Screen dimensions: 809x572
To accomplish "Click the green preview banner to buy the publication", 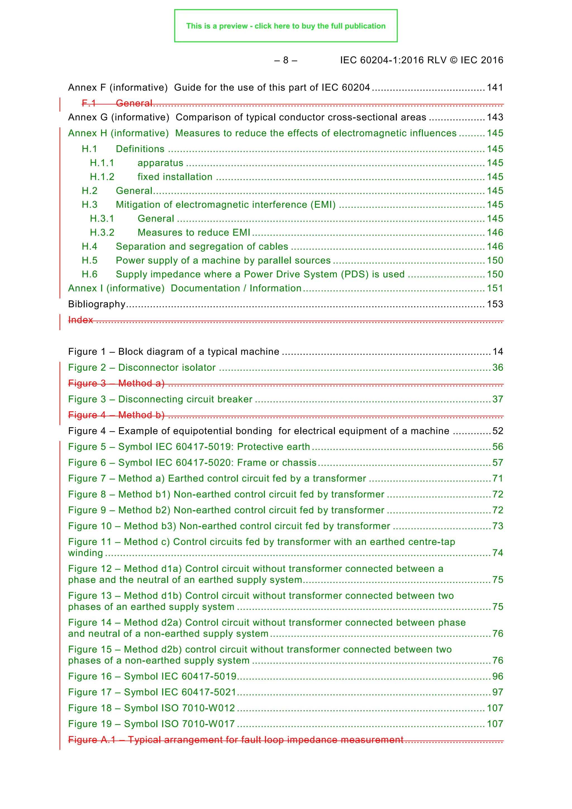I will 285,26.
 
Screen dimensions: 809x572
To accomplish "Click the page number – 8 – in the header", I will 285,60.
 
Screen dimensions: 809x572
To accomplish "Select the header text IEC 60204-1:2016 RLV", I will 393,60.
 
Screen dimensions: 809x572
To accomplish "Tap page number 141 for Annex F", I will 495,87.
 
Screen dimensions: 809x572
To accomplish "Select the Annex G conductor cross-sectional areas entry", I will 247,117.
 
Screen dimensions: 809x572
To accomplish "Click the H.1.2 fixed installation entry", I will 175,177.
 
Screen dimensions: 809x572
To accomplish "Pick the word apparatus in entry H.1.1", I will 160,163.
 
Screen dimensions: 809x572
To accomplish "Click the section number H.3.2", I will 102,233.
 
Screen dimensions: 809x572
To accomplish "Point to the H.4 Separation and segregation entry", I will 202,247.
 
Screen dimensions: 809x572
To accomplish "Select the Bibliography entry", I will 97,304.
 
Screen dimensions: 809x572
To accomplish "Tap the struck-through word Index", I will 80,320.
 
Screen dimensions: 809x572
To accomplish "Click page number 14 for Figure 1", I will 498,352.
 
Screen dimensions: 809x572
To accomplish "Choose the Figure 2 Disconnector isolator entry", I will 142,367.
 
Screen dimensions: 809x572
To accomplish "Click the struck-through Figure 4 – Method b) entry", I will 116,415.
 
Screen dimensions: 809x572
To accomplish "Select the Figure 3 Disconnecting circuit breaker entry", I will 160,399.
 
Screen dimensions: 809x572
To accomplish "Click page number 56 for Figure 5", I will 498,447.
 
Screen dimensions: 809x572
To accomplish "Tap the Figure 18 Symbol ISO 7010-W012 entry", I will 152,708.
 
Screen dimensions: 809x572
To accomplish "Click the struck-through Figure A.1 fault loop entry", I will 235,740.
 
